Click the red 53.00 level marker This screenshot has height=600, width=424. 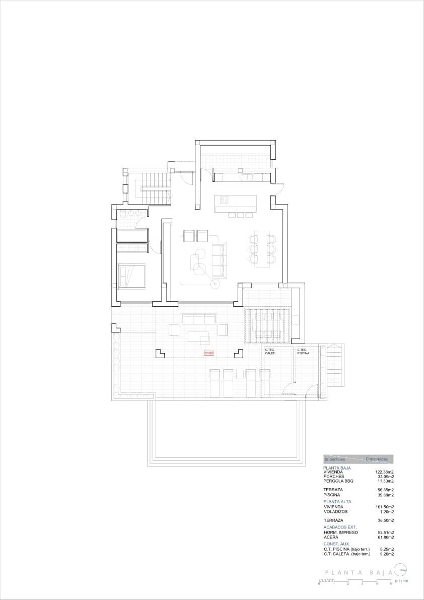pos(208,353)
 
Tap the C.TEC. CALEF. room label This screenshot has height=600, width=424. pos(270,352)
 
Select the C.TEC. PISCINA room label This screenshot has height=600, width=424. pos(303,352)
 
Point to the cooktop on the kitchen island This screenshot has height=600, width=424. pos(225,199)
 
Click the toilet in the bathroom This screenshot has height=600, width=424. pos(123,215)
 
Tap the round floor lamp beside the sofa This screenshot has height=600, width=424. pos(215,285)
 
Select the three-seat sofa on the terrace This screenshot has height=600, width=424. pos(198,319)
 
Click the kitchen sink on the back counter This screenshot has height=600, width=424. pos(247,177)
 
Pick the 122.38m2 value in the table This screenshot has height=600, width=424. pos(385,472)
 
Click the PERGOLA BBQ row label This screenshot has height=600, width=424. pos(338,481)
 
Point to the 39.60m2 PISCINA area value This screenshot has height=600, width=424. pos(386,495)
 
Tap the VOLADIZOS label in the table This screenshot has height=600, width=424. pos(335,511)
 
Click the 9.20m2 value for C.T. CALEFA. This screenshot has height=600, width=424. pos(386,554)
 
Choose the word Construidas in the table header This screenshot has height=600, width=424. pos(377,459)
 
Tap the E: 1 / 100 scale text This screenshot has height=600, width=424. pos(401,581)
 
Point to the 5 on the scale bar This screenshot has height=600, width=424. pos(391,583)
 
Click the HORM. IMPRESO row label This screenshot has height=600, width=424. pos(341,532)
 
